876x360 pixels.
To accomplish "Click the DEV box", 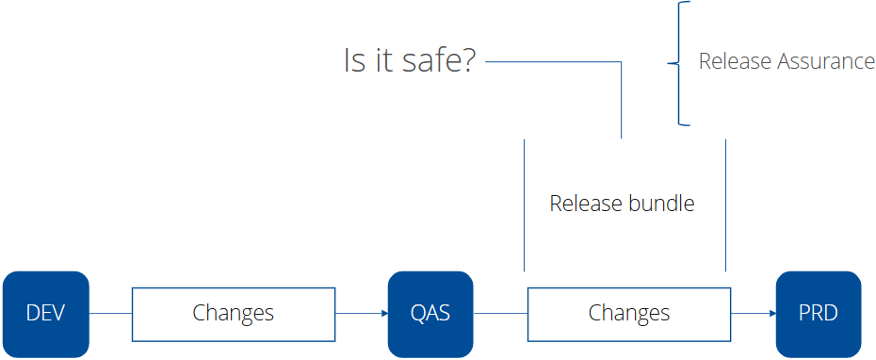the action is coord(46,314).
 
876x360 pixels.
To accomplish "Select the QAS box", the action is coord(430,314).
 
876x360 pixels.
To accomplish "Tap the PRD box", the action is coord(819,314).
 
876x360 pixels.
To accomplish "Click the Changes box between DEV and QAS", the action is coord(234,314).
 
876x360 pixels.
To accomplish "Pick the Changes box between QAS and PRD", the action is coord(629,314).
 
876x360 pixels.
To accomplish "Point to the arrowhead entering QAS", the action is coord(384,314).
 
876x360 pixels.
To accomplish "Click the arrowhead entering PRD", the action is coord(772,314).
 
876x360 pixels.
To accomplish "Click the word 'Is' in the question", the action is coord(354,60).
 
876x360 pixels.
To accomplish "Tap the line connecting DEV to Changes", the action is coord(110,314).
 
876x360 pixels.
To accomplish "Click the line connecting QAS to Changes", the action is coord(500,314).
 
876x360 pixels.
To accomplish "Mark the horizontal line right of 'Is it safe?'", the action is coord(554,62).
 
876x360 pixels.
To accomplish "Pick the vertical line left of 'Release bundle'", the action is coord(524,205).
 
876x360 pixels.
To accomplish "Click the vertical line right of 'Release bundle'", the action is coord(725,205).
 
